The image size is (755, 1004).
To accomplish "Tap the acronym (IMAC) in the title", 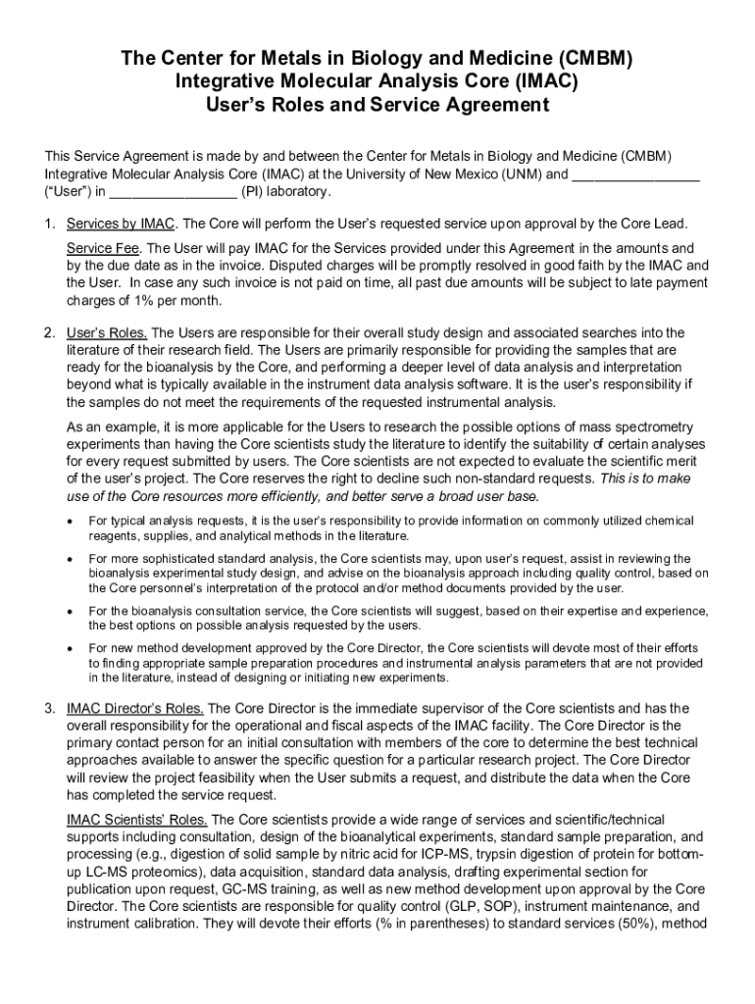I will click(536, 82).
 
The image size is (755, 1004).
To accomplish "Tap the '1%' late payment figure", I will click(144, 300).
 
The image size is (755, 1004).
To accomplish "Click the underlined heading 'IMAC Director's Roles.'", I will click(135, 708).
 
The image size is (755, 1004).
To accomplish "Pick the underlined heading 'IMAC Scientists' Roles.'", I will click(137, 820).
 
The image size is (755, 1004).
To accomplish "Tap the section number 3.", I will click(50, 708).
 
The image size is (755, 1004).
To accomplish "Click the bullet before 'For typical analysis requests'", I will click(70, 521).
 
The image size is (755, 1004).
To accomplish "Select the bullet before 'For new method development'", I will click(70, 649).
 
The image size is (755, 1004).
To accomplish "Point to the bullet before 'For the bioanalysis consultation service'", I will click(70, 611).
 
